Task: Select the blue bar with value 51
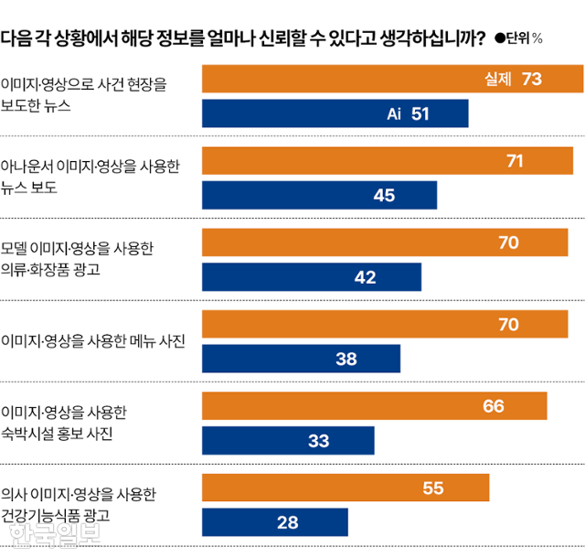(x=335, y=113)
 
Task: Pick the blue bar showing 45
(x=318, y=195)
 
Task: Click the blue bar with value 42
(x=311, y=277)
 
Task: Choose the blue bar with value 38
(x=300, y=359)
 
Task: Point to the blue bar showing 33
(x=287, y=440)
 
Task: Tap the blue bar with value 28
(x=274, y=521)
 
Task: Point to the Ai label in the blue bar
(x=394, y=113)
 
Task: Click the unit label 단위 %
(x=524, y=38)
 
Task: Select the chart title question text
(x=243, y=38)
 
